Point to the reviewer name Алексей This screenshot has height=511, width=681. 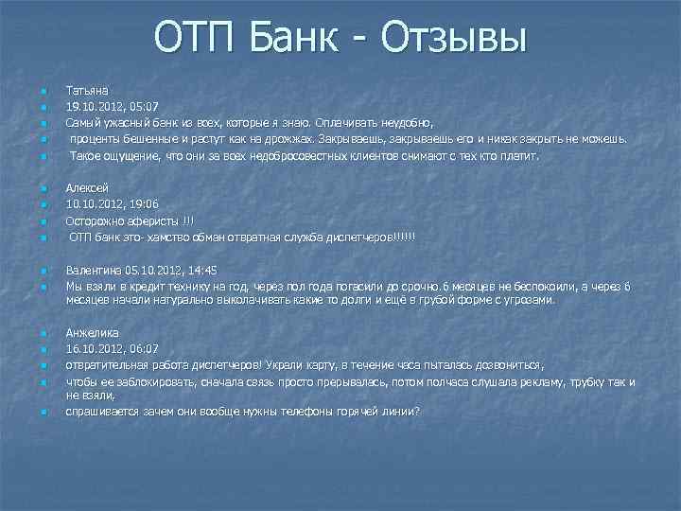coord(86,187)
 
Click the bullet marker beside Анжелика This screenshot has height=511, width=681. coord(43,333)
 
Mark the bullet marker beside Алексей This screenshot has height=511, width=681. coord(43,188)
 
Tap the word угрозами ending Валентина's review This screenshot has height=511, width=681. coord(530,300)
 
